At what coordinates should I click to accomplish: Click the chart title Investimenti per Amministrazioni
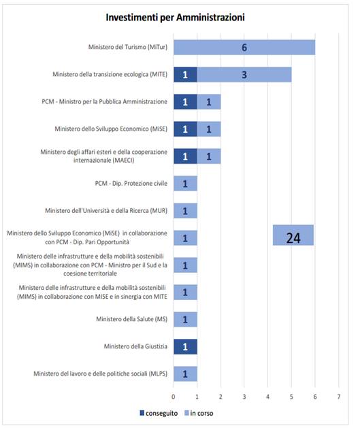coord(175,18)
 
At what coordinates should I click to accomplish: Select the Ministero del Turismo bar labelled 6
coord(244,48)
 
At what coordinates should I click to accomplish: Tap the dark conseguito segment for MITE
coord(185,75)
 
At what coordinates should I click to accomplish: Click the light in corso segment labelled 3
coord(244,75)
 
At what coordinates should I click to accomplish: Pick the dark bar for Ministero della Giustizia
coord(185,346)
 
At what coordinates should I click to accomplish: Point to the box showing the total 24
coord(293,235)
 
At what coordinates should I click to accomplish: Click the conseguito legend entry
coord(159,413)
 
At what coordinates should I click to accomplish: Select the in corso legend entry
coord(199,413)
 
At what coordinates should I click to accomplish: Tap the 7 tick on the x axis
coord(339,397)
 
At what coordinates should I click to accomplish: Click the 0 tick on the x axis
coord(174,397)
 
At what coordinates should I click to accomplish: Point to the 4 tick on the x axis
coord(267,397)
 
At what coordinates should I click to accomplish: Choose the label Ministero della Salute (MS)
coord(131,319)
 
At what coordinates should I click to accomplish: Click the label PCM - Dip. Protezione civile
coord(131,184)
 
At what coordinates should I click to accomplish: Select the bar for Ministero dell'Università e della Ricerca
coord(185,211)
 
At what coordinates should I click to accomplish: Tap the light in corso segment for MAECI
coord(209,157)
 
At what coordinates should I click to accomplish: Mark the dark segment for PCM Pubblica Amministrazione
coord(185,102)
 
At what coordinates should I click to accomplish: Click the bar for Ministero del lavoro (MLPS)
coord(185,374)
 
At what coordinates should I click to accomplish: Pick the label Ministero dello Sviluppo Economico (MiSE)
coord(111,129)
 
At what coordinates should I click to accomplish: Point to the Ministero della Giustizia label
coord(135,346)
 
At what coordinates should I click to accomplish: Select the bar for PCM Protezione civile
coord(185,184)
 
